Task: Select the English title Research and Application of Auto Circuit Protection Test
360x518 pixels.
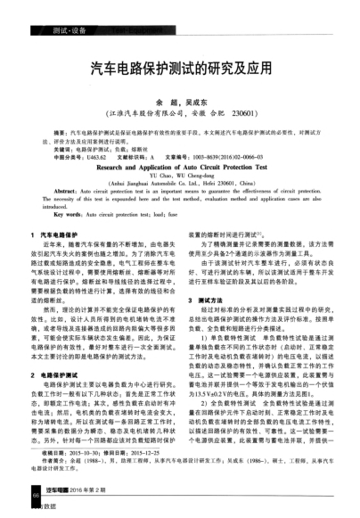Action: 179,165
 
